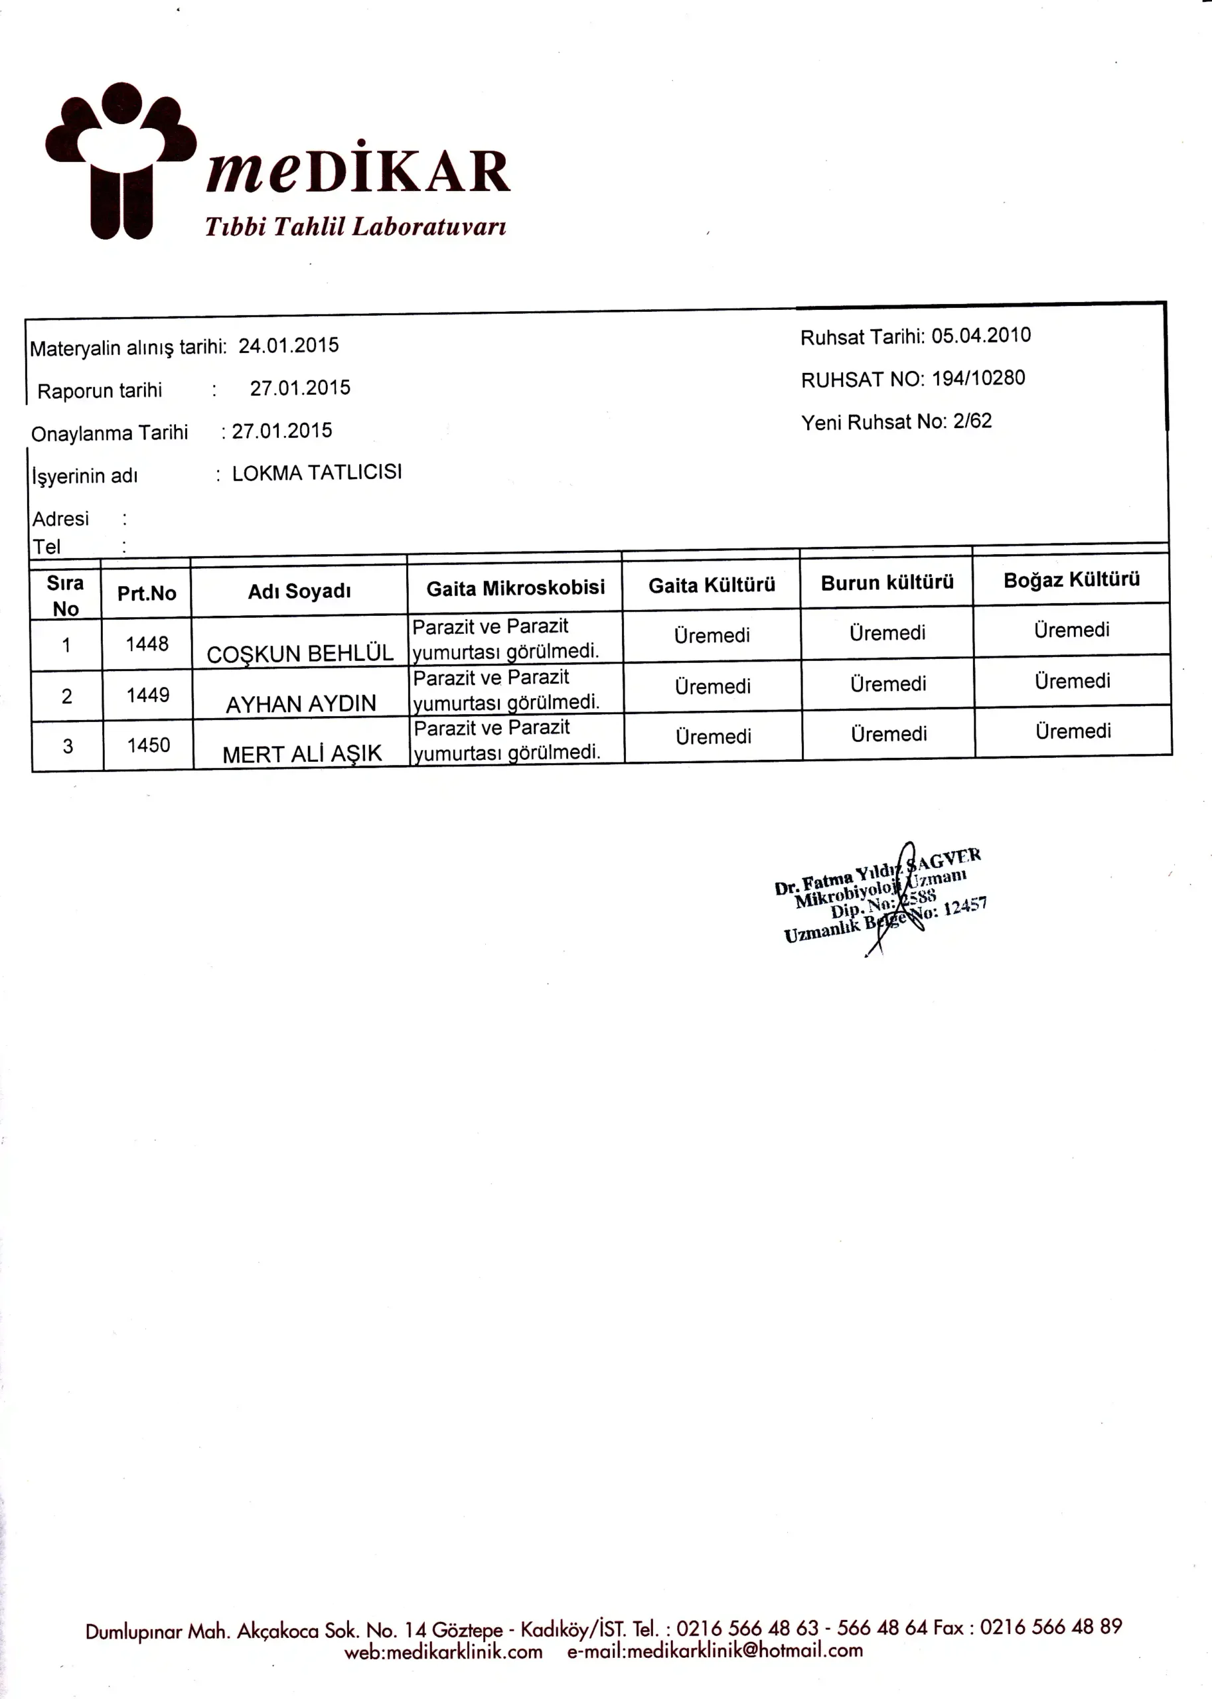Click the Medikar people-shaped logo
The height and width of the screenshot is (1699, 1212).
pos(121,161)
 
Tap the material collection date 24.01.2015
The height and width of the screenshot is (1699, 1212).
pos(289,346)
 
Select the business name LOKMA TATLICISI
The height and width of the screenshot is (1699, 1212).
pos(317,473)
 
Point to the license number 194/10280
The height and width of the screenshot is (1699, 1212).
pos(978,378)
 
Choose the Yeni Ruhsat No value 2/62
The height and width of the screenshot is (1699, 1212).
pos(972,421)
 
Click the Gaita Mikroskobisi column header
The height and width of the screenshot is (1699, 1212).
pos(515,589)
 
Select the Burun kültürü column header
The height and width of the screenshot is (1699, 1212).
pos(887,583)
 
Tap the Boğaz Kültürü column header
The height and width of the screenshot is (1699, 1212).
pos(1071,580)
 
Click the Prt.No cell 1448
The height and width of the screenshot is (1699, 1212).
pos(147,644)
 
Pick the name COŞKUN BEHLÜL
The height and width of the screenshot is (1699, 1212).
pos(300,654)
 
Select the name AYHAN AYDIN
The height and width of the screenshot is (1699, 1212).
pos(301,704)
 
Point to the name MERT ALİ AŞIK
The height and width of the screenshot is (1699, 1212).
pos(302,755)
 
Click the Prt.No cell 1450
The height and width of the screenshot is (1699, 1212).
pos(149,745)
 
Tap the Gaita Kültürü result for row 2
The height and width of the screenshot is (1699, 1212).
pos(713,686)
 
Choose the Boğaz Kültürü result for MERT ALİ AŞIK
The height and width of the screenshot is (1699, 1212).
pos(1073,731)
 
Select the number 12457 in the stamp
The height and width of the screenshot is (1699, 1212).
pos(965,907)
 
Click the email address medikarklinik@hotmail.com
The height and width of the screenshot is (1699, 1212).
pos(744,1651)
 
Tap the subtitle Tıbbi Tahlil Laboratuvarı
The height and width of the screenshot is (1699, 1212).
pos(356,227)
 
